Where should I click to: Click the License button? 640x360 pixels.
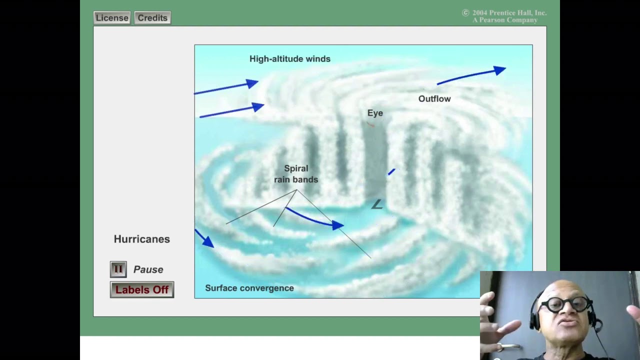[x=112, y=18]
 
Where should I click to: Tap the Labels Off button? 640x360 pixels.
[x=142, y=290]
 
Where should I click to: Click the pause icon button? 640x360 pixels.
[x=118, y=269]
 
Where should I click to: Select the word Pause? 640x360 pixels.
[x=148, y=269]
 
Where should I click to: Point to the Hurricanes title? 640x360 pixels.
[x=141, y=239]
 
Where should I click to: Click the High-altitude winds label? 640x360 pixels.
[x=289, y=59]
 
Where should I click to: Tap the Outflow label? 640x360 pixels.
[x=434, y=99]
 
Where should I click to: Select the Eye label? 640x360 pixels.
[x=375, y=113]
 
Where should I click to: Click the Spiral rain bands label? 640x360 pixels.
[x=296, y=174]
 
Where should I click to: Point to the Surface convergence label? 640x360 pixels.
[x=249, y=288]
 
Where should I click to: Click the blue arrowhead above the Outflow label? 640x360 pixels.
[x=499, y=71]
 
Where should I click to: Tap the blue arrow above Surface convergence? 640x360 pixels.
[x=204, y=238]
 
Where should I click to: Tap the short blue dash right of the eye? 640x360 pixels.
[x=391, y=172]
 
